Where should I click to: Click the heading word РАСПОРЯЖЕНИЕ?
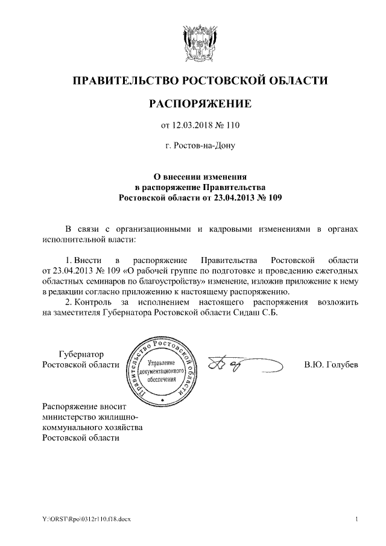pos(200,104)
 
